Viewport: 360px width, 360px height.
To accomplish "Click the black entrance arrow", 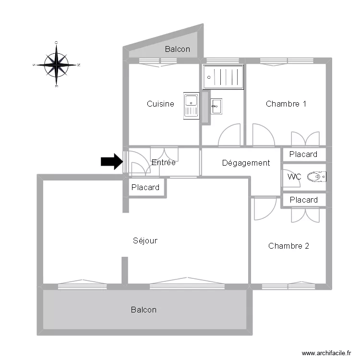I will [x=111, y=162].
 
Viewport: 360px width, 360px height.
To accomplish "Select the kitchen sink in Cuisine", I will [x=191, y=106].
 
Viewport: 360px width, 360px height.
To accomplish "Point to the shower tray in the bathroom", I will [x=223, y=76].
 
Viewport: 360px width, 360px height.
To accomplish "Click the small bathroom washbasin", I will [x=216, y=106].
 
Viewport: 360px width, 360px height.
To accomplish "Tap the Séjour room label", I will [x=145, y=240].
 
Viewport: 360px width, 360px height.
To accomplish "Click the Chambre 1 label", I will [x=286, y=104].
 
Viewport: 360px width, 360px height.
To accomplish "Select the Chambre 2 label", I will [x=288, y=246].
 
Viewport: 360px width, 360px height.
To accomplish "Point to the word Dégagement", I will [x=246, y=163].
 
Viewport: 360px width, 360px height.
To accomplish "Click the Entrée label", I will [x=163, y=163].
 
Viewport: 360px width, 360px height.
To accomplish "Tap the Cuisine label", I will [x=160, y=104].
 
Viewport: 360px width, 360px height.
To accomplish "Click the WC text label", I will [x=294, y=177].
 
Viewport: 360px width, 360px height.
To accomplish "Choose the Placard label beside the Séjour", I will [x=145, y=188].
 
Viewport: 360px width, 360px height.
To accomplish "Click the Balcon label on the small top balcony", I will [x=177, y=49].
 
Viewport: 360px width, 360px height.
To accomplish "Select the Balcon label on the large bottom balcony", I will [x=144, y=310].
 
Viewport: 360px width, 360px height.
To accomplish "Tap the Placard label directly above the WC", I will [x=303, y=154].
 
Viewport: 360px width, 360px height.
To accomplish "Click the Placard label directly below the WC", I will [x=303, y=200].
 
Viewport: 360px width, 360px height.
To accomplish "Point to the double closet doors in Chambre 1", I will [x=305, y=139].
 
